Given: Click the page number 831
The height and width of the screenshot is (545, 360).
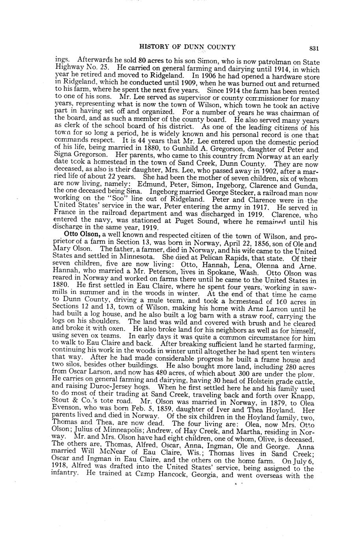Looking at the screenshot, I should [314, 48].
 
